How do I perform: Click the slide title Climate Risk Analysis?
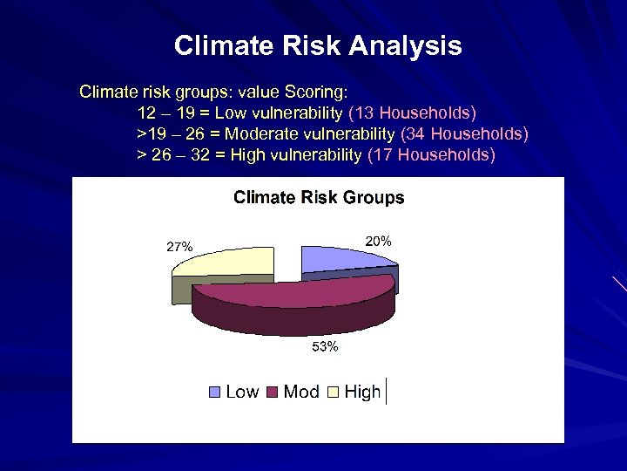[x=318, y=45]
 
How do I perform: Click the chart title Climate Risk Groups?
[x=319, y=197]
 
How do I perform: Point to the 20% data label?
[x=378, y=240]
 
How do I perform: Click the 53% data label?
[x=325, y=348]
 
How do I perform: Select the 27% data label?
[x=179, y=247]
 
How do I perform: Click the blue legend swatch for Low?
[x=215, y=392]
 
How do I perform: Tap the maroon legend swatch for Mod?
[x=272, y=392]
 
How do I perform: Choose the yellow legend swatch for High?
[x=333, y=392]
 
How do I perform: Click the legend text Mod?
[x=301, y=392]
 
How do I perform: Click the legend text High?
[x=362, y=392]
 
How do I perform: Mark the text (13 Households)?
[x=412, y=113]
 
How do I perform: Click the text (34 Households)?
[x=463, y=134]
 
